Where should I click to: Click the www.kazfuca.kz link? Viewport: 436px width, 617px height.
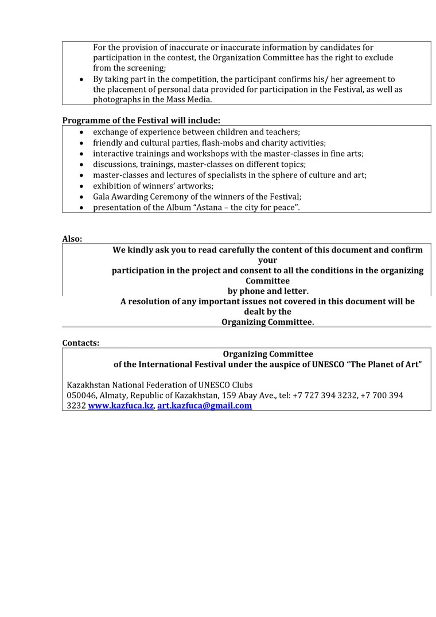pos(120,405)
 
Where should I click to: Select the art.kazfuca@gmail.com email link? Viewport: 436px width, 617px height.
pos(204,405)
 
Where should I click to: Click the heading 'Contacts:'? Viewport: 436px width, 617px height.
pos(80,343)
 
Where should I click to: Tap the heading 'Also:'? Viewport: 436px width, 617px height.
pos(72,239)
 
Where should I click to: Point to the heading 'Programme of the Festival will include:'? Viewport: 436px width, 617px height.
pos(141,120)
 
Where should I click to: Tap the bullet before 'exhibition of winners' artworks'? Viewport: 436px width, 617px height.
pos(81,186)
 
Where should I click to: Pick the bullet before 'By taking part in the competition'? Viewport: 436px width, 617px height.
pos(81,79)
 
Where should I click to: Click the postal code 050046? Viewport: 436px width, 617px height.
pos(81,395)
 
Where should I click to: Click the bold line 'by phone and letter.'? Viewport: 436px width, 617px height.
pos(268,291)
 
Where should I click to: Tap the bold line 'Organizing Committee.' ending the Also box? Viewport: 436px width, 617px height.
pos(268,322)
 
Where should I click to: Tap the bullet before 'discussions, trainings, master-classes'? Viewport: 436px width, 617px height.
pos(81,164)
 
